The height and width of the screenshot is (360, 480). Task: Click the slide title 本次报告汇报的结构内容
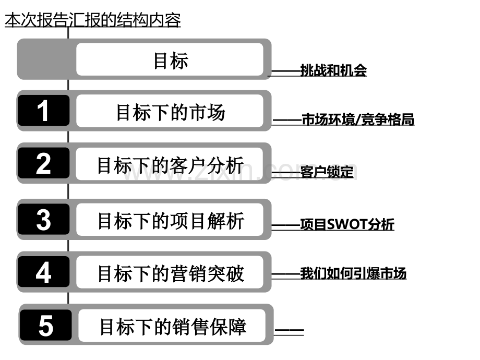(93, 20)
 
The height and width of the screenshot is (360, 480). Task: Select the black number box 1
(43, 111)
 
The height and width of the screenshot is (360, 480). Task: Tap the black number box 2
(43, 163)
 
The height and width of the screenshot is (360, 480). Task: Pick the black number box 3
(43, 219)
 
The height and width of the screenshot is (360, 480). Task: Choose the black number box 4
(43, 272)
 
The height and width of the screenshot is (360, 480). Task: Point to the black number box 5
(46, 325)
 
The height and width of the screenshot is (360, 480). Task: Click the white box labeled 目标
(170, 59)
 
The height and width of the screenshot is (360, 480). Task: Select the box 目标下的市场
(170, 111)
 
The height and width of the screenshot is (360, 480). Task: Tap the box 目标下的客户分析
(170, 164)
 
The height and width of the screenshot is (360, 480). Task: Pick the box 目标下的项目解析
(170, 220)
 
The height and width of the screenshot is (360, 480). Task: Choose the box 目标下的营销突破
(170, 272)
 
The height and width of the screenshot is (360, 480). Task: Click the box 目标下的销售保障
(172, 326)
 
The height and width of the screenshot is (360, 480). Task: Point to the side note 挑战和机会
(333, 70)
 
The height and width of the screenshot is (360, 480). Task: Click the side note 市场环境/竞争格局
(358, 119)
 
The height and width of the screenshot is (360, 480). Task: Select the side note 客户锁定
(327, 172)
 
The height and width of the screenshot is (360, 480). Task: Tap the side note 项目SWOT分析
(347, 224)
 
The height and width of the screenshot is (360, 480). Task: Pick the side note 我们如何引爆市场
(353, 273)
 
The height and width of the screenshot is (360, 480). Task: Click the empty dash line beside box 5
(289, 331)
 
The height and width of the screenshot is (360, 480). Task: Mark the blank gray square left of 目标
(46, 59)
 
